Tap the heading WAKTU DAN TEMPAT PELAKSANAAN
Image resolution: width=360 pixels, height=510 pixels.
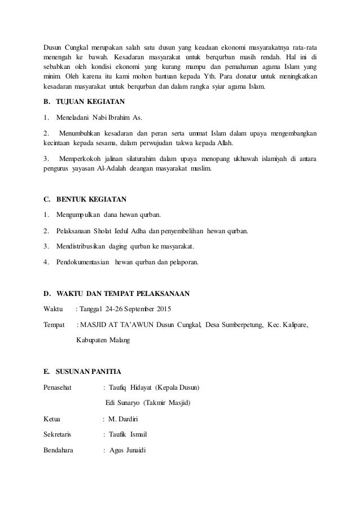click(122, 294)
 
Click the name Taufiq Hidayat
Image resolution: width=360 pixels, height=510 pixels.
click(130, 387)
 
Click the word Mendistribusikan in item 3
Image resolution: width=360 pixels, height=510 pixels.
click(84, 246)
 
